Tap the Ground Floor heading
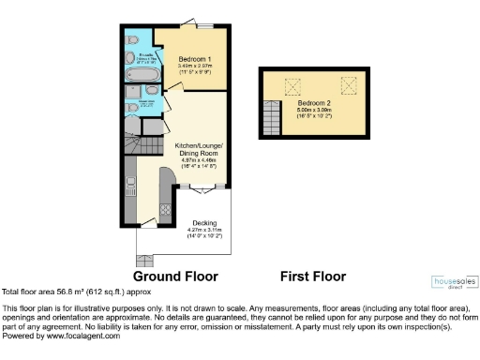coord(175,277)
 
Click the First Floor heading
coord(313,277)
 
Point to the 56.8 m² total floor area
coord(69,292)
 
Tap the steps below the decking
coord(146,254)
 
